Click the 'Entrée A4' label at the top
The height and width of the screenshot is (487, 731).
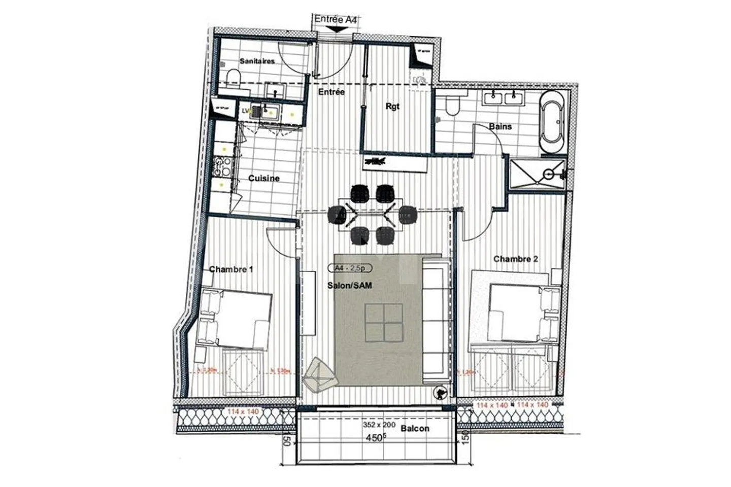coord(335,20)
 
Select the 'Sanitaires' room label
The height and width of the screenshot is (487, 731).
coord(257,61)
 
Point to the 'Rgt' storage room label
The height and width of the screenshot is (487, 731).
coord(392,107)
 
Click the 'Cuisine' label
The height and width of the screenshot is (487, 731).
coord(263,179)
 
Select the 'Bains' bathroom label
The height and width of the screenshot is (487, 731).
coord(500,126)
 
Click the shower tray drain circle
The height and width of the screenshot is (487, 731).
coord(548,173)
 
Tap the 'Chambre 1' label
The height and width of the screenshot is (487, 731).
coord(231,269)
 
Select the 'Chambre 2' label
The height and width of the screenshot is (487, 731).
coord(516,259)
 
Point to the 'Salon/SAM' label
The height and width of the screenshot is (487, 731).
coord(349,286)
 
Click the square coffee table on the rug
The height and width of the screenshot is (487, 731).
coord(384,322)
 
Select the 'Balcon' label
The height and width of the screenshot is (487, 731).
coord(415,429)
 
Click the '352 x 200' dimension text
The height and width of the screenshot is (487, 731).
coord(379,426)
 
